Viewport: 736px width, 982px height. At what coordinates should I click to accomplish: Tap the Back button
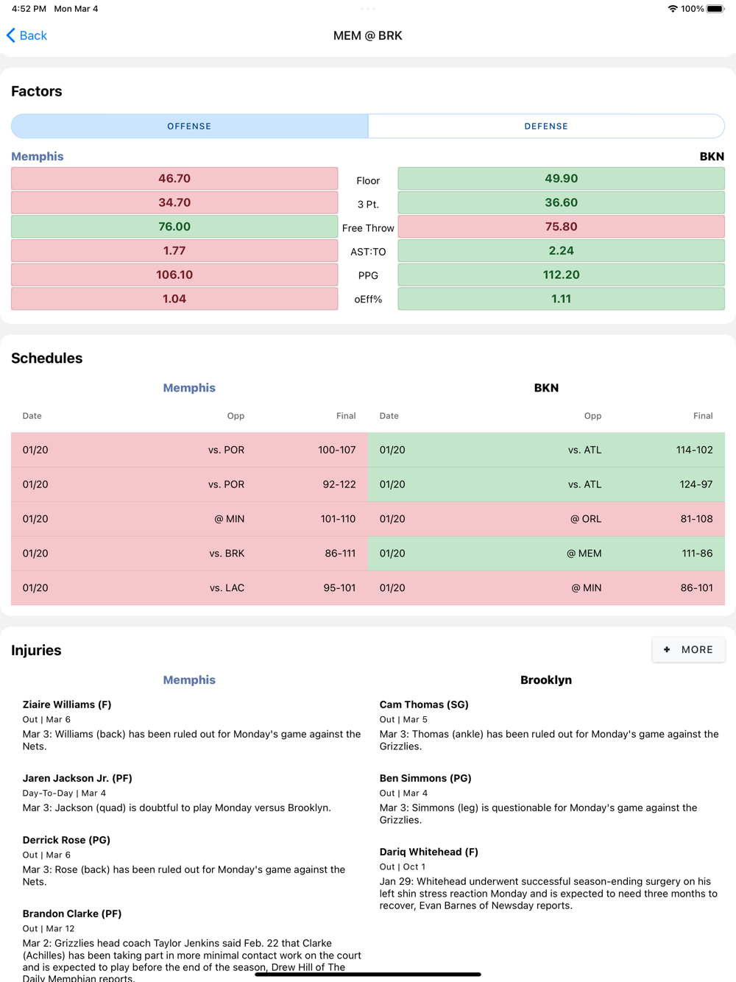click(x=27, y=35)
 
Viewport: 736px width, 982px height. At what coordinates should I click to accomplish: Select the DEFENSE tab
click(x=546, y=126)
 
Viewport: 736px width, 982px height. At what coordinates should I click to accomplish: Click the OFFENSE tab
click(x=189, y=126)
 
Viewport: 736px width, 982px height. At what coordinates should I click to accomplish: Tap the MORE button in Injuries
click(x=688, y=649)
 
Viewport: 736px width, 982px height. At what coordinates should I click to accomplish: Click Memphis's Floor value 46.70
click(x=174, y=178)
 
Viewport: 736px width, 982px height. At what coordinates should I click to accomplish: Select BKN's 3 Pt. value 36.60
click(x=561, y=202)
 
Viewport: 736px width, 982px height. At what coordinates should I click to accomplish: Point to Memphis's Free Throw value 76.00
click(x=174, y=227)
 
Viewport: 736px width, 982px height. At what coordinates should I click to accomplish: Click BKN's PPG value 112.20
click(x=561, y=275)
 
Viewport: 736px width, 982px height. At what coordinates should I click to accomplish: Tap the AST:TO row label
click(x=368, y=252)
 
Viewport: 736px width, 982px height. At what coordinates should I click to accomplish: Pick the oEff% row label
click(x=368, y=300)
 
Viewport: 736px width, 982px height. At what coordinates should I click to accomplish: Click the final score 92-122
click(x=339, y=484)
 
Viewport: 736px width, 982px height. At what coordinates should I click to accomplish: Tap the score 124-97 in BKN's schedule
click(x=696, y=484)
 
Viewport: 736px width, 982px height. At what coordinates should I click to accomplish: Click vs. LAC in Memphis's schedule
click(x=227, y=588)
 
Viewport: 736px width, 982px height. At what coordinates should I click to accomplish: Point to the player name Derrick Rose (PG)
click(x=66, y=840)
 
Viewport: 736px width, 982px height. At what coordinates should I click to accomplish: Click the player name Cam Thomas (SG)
click(x=424, y=704)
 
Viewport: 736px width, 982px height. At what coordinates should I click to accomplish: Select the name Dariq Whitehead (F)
click(x=428, y=852)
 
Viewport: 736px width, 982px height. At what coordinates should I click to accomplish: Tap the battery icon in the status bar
click(x=715, y=9)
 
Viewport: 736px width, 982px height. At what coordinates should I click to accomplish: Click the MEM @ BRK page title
click(x=367, y=35)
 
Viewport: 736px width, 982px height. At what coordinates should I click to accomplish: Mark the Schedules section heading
click(x=46, y=358)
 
